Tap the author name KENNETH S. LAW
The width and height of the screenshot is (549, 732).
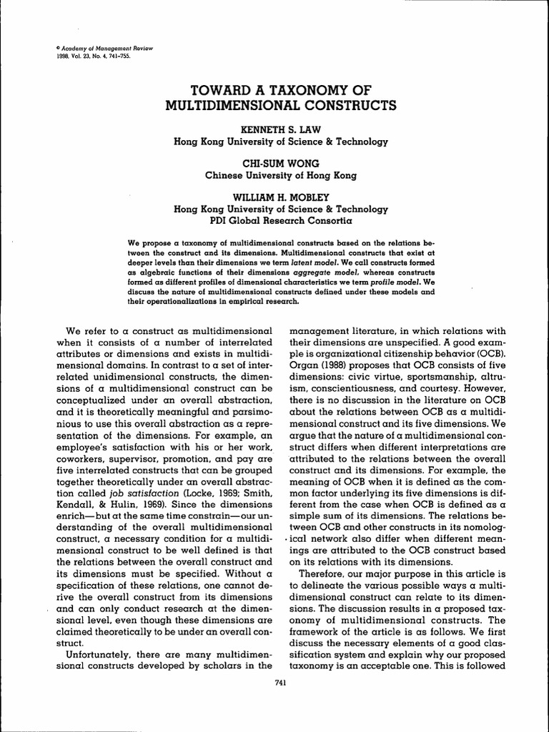click(x=281, y=129)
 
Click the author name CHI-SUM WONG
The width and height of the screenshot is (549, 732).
click(x=281, y=163)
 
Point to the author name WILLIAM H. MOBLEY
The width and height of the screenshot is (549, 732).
click(x=281, y=197)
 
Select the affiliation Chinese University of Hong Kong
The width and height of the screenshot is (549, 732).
click(x=281, y=174)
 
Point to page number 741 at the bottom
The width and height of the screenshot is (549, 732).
click(x=280, y=683)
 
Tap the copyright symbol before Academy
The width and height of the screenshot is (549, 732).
click(x=37, y=48)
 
